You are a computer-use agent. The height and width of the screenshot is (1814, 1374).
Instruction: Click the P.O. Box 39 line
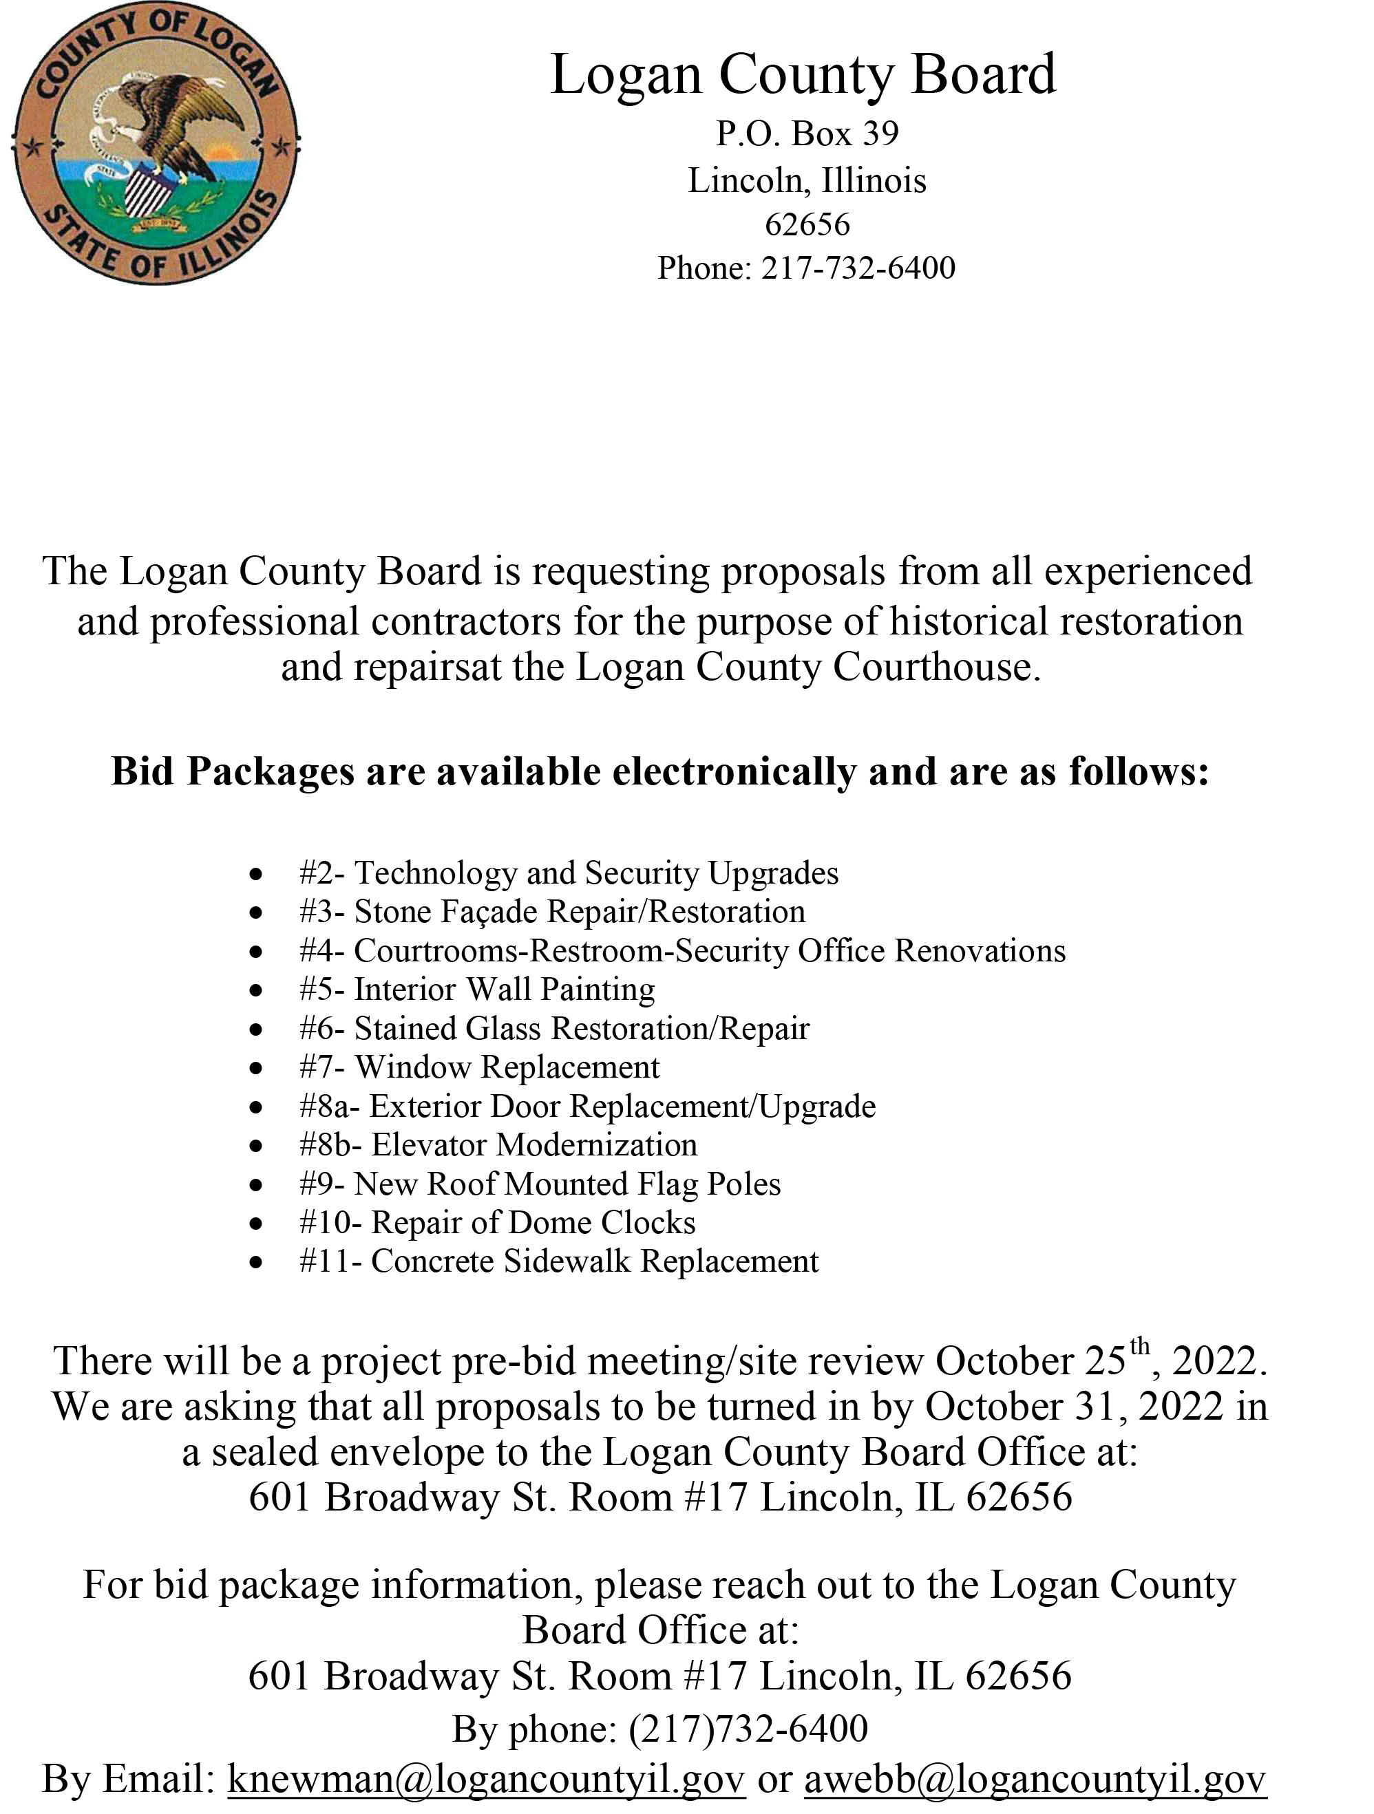(807, 134)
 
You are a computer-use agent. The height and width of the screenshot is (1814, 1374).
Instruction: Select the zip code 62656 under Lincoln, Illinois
(807, 223)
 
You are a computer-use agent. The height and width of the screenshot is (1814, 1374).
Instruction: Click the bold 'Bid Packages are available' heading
(659, 773)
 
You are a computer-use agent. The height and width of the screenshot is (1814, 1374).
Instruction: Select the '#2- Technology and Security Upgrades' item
(569, 873)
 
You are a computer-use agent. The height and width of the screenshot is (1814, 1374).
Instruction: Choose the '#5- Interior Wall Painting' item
(476, 990)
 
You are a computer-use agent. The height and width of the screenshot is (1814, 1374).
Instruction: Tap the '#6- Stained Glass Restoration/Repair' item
(553, 1028)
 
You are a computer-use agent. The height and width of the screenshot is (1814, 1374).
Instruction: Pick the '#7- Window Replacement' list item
(479, 1068)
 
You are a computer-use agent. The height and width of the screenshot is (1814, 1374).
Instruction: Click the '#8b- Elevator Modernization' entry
(498, 1146)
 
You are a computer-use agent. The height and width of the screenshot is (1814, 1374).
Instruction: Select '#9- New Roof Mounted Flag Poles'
(540, 1184)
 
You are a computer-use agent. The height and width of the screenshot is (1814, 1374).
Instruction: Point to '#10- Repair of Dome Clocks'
(497, 1223)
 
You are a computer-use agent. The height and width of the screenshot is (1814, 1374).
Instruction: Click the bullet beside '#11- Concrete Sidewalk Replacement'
(257, 1262)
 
